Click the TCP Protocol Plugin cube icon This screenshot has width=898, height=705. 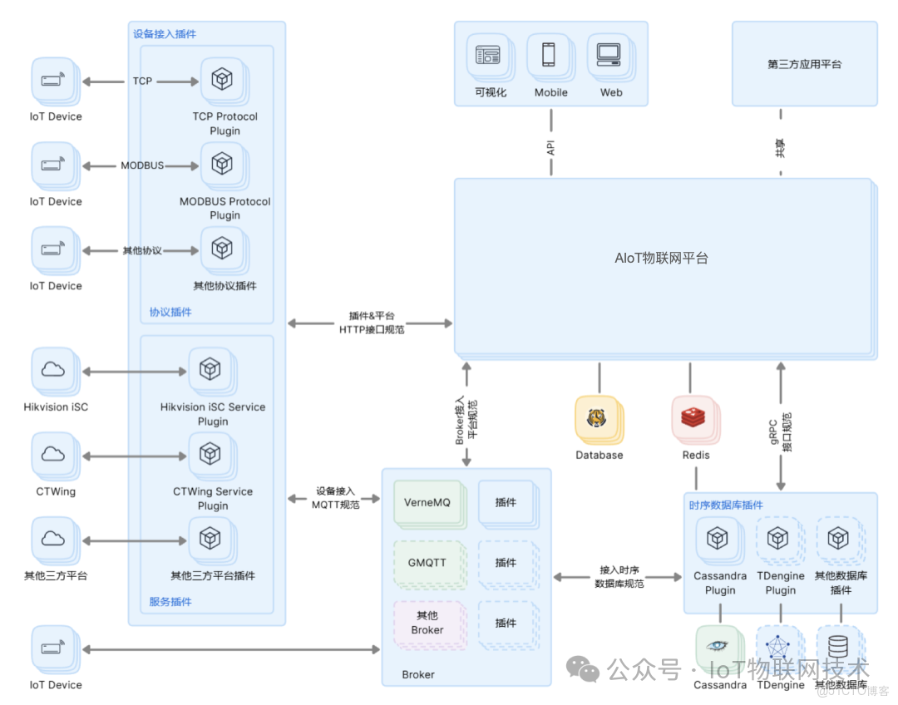(221, 80)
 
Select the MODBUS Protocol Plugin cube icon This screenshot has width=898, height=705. (221, 164)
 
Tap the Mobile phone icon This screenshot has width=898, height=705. (549, 55)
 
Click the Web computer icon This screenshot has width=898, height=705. (609, 55)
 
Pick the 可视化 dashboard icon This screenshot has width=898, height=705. (488, 56)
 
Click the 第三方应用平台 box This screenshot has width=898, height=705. (804, 64)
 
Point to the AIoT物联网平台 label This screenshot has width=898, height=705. (661, 259)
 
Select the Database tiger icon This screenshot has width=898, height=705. (597, 418)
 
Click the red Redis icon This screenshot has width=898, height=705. (693, 418)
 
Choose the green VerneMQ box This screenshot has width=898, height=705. (427, 502)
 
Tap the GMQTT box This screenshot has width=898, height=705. (427, 563)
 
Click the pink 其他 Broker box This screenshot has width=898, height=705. (427, 623)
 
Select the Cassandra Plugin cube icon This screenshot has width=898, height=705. (718, 540)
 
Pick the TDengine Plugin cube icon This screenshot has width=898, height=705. (777, 540)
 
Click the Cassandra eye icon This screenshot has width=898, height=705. (718, 648)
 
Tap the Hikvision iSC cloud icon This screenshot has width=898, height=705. (53, 370)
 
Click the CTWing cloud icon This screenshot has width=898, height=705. (53, 454)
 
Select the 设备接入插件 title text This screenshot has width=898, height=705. (165, 34)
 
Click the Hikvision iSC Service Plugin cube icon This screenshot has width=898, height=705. (210, 369)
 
